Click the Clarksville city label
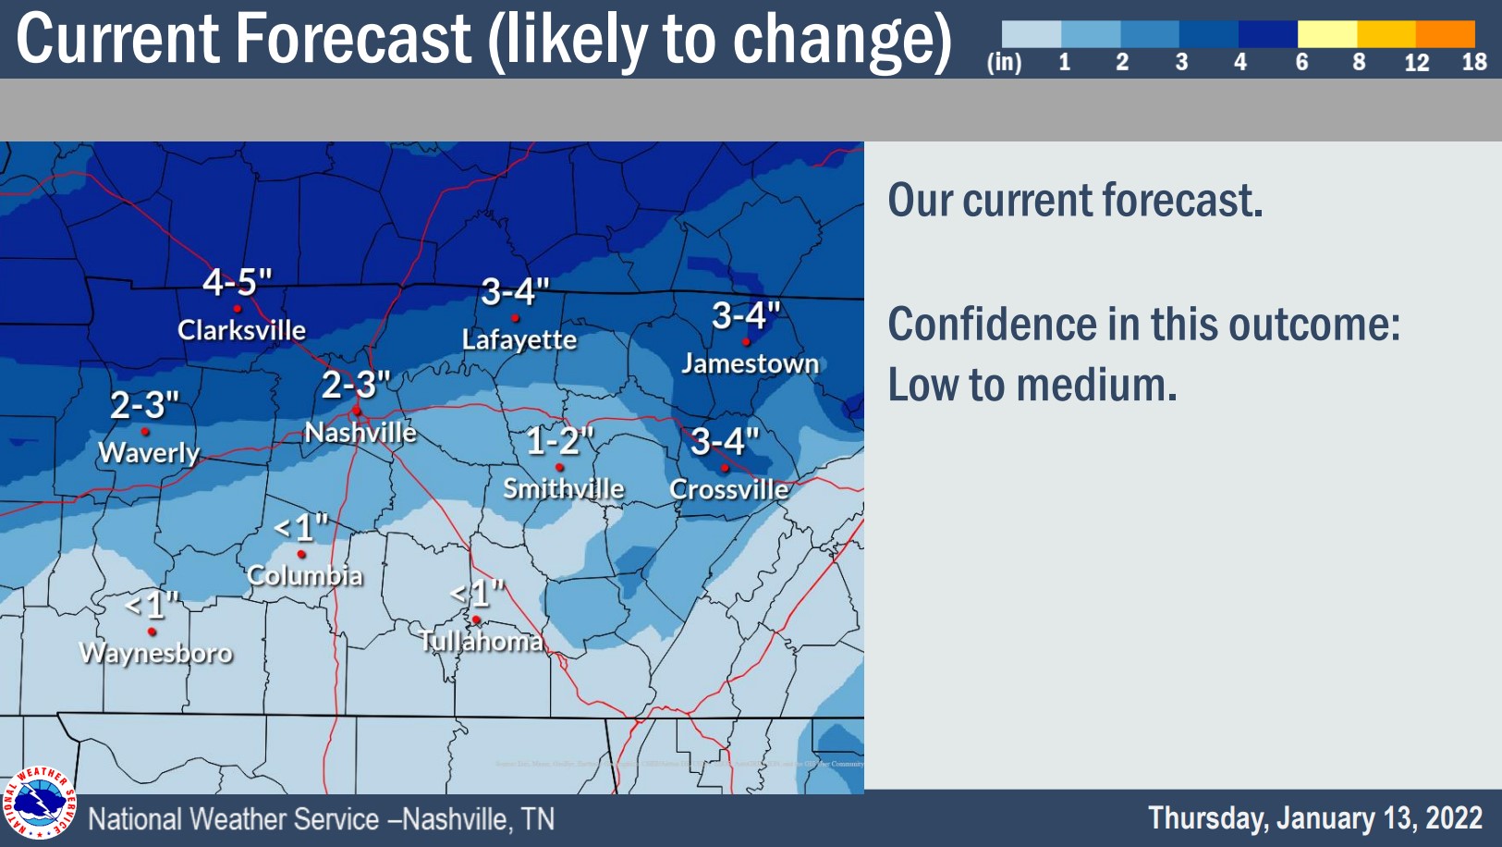(241, 330)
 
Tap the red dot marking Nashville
(357, 411)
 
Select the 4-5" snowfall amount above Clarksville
(238, 282)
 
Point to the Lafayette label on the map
(519, 340)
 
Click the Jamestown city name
(750, 363)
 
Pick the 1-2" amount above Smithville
(559, 441)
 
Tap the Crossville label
(728, 489)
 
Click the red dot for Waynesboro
(152, 632)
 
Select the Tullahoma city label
(481, 641)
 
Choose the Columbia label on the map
(305, 576)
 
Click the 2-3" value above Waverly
(144, 405)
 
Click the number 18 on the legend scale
(1473, 62)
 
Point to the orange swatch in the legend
(1445, 34)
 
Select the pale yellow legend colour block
(1326, 34)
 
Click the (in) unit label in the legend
(1005, 62)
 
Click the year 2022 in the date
(1453, 818)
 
